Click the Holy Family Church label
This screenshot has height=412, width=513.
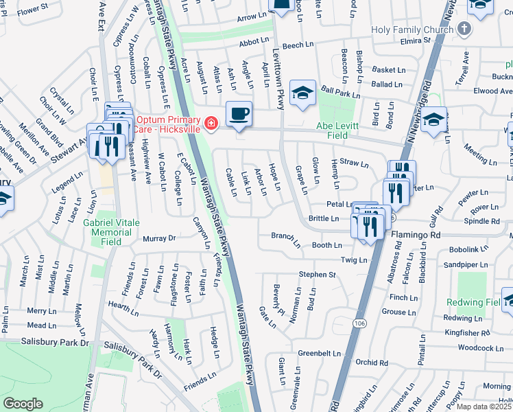(412, 30)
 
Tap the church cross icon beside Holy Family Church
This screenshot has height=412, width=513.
(464, 29)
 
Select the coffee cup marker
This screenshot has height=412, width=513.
(239, 114)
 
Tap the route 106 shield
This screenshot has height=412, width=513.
(360, 322)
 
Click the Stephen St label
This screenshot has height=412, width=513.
(317, 275)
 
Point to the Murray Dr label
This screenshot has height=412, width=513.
(159, 238)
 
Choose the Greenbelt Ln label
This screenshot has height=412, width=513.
(319, 353)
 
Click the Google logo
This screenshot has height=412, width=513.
(23, 404)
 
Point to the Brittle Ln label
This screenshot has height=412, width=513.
(324, 218)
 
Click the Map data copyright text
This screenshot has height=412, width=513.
(484, 407)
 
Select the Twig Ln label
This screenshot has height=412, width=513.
(354, 260)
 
